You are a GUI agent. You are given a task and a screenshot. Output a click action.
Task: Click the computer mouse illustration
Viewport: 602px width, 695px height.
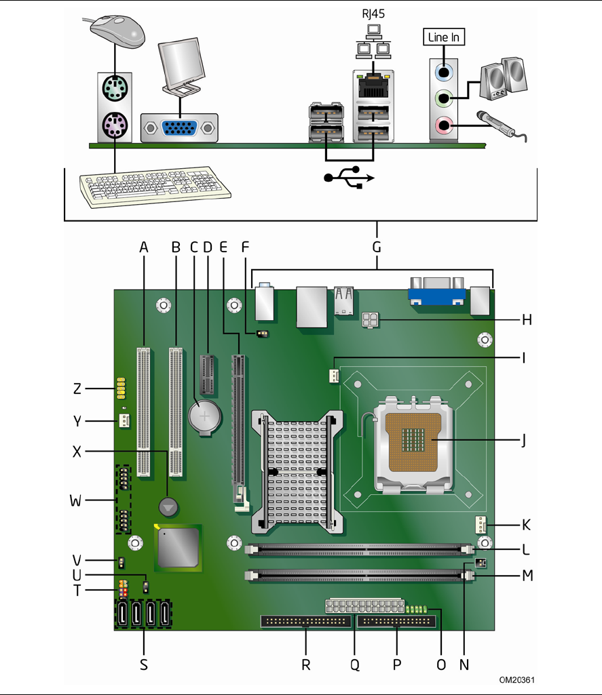tap(118, 31)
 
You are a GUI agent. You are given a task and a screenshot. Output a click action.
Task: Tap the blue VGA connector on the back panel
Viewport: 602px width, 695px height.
tap(179, 127)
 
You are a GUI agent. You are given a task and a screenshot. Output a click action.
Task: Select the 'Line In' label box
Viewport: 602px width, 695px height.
tap(444, 37)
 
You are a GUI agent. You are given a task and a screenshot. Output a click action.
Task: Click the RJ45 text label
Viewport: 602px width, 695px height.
tap(373, 14)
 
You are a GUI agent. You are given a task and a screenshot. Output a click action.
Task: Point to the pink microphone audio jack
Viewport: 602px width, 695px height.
tap(444, 125)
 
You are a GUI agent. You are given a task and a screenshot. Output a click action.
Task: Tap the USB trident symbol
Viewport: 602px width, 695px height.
tap(349, 177)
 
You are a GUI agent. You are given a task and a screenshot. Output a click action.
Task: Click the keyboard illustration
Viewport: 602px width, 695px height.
tap(155, 186)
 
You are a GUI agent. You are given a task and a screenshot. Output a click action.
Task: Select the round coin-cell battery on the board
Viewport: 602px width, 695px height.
tap(204, 416)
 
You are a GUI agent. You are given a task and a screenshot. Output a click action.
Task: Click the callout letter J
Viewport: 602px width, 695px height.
tap(523, 441)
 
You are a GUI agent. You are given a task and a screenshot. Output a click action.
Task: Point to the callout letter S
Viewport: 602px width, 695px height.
tap(144, 664)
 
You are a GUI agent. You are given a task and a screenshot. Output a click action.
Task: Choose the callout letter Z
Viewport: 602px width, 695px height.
tap(77, 389)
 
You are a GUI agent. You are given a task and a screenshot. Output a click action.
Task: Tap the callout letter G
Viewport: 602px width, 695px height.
tap(377, 247)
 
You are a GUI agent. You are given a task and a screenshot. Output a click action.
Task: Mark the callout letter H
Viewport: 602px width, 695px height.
tap(527, 319)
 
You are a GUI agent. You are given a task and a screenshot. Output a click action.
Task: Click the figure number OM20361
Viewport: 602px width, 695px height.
tap(516, 680)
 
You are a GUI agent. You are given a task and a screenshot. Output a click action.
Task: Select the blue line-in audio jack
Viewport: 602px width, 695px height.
tap(444, 71)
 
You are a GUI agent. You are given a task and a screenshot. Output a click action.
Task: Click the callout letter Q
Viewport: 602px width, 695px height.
tap(355, 664)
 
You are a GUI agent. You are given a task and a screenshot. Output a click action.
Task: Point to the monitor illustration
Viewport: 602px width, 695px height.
tap(181, 66)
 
